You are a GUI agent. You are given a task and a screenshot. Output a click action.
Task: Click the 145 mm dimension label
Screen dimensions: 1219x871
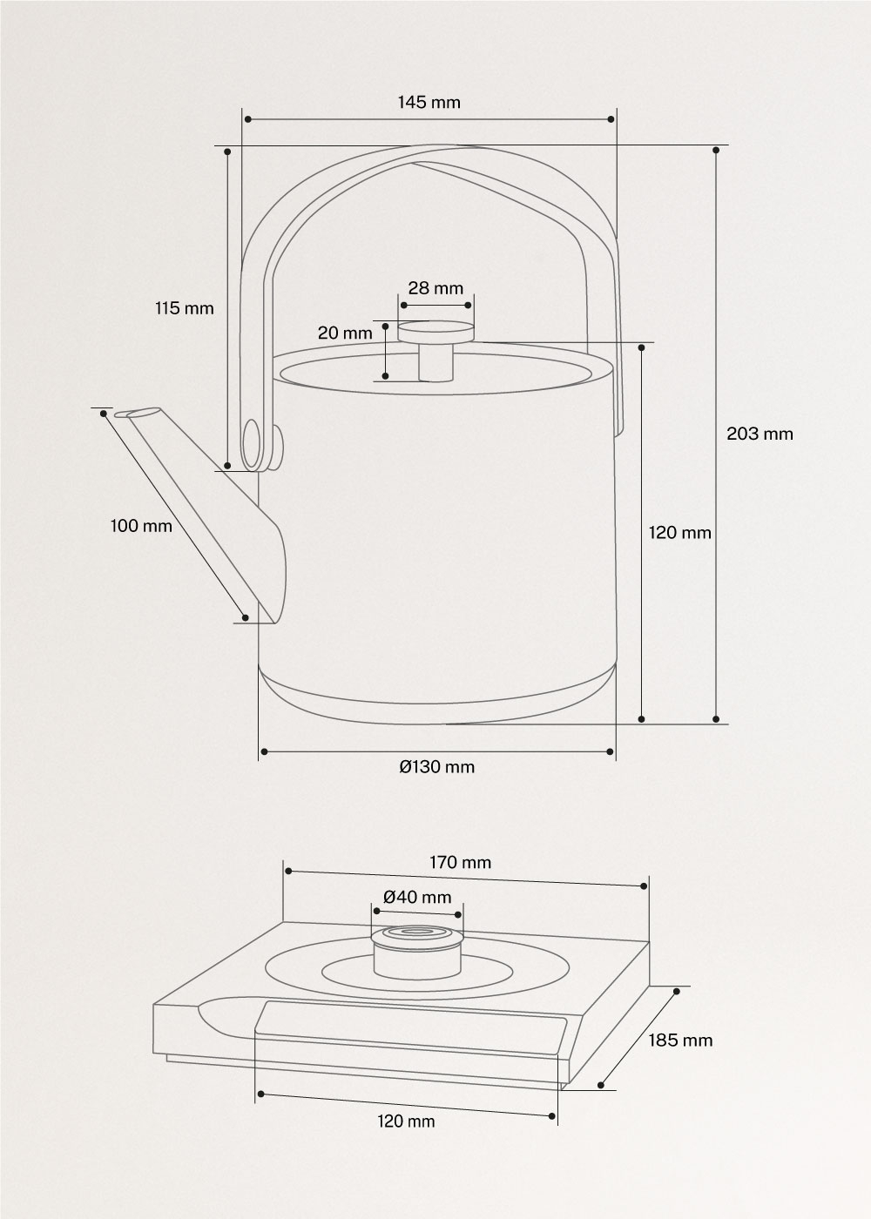(x=429, y=102)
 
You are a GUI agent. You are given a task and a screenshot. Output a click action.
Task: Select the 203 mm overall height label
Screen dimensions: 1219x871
(x=760, y=434)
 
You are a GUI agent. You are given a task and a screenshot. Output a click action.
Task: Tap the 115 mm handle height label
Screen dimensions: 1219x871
(x=184, y=308)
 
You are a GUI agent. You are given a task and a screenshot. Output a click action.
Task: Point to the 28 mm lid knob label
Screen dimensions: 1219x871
(x=435, y=288)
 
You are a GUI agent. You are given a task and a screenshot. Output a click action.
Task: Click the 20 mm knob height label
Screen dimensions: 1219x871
(x=345, y=333)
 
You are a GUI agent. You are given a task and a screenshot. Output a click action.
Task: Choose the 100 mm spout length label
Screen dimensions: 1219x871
(x=141, y=526)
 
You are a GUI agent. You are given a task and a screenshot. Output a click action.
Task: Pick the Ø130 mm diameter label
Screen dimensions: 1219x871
(x=437, y=766)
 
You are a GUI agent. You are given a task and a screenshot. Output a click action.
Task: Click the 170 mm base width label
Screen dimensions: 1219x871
(x=460, y=863)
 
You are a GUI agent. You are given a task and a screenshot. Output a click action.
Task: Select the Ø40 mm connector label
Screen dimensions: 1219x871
(x=417, y=897)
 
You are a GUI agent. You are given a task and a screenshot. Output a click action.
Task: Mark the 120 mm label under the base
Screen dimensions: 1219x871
(x=406, y=1121)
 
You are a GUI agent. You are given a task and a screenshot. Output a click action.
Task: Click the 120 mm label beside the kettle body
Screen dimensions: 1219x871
(x=679, y=533)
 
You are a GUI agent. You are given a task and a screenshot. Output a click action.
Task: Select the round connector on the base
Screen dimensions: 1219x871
(x=416, y=951)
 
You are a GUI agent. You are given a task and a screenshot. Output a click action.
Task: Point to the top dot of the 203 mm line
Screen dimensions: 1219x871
(x=716, y=150)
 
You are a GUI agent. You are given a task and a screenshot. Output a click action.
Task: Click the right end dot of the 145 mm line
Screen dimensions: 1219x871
(x=611, y=119)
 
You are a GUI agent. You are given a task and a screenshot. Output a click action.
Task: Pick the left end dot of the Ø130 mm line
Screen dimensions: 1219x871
(x=262, y=750)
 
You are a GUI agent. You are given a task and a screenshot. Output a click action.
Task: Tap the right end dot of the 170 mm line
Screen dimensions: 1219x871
(x=644, y=886)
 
